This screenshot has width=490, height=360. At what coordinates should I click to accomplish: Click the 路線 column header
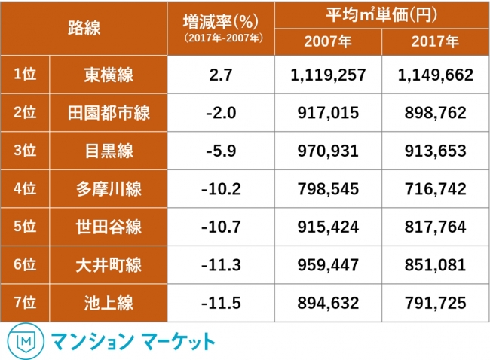click(x=83, y=29)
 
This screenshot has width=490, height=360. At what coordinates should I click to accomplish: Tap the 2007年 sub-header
click(x=328, y=42)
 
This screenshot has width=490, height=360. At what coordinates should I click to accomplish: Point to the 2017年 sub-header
click(x=435, y=42)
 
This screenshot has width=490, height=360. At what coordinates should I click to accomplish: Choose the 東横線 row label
click(x=109, y=74)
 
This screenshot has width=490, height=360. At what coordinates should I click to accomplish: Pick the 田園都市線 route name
click(x=109, y=112)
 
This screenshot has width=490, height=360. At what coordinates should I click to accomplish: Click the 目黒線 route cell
click(x=109, y=151)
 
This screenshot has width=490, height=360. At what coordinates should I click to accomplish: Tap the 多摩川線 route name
click(x=109, y=188)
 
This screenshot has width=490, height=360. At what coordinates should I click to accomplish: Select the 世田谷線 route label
click(x=109, y=226)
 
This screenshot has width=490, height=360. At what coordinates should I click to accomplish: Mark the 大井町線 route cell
click(x=109, y=264)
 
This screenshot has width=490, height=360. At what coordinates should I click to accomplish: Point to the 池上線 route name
click(x=109, y=303)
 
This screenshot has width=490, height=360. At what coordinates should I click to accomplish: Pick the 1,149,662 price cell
click(x=435, y=74)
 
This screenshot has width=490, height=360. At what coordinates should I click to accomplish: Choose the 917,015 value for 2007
click(x=328, y=112)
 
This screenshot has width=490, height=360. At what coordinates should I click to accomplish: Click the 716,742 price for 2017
click(x=435, y=188)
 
